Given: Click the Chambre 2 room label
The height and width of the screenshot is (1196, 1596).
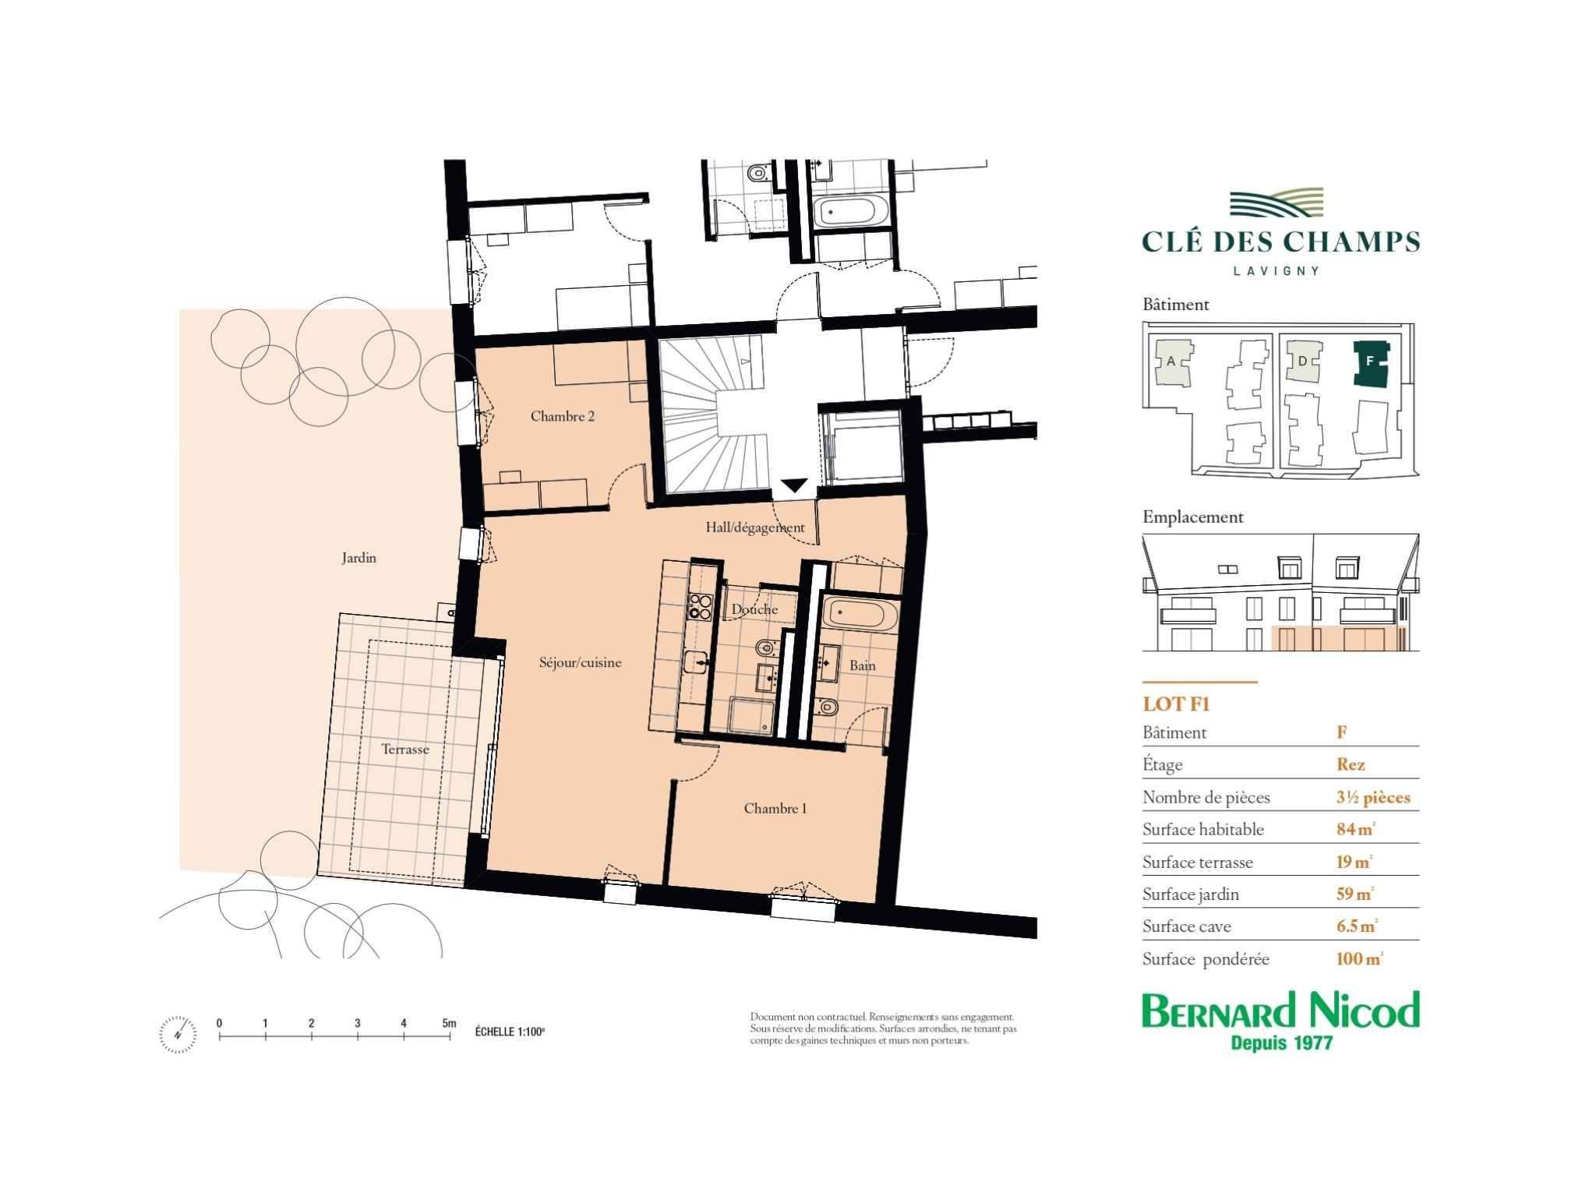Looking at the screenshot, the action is pyautogui.click(x=562, y=417).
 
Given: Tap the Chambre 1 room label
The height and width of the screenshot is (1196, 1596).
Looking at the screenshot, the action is pyautogui.click(x=775, y=809).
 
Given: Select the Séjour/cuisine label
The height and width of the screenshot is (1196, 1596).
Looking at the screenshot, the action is pyautogui.click(x=581, y=663).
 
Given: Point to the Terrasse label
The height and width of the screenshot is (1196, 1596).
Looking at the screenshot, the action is pyautogui.click(x=405, y=750).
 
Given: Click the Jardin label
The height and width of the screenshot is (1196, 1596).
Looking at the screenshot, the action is pyautogui.click(x=358, y=558).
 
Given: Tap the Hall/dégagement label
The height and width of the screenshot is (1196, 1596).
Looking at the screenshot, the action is pyautogui.click(x=755, y=527).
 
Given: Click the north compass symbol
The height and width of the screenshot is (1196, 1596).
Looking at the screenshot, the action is pyautogui.click(x=178, y=1034).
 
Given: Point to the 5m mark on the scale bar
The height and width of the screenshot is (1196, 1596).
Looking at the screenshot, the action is pyautogui.click(x=449, y=1023).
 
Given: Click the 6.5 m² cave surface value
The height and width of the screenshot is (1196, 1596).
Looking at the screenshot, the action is pyautogui.click(x=1357, y=926).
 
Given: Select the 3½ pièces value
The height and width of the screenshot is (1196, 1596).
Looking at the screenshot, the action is pyautogui.click(x=1373, y=798).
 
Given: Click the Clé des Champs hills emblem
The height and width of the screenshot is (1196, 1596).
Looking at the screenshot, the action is pyautogui.click(x=1276, y=203).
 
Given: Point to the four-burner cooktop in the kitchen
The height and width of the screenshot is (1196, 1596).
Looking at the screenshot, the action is pyautogui.click(x=700, y=607).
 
